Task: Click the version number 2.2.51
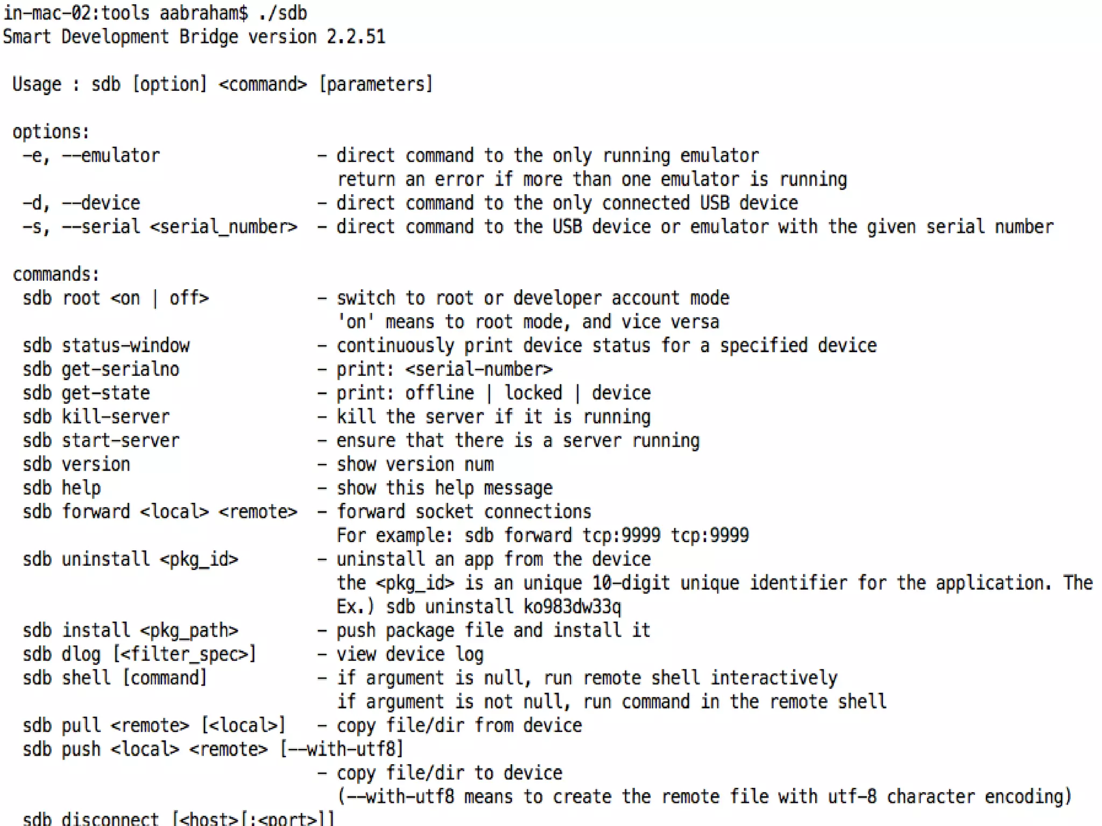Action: point(356,37)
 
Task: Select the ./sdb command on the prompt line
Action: point(282,13)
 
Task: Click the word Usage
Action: point(37,84)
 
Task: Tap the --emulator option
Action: point(111,156)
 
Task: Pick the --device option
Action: point(101,203)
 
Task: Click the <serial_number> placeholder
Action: point(223,227)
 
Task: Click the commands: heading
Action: point(56,274)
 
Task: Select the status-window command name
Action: point(125,346)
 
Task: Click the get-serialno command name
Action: point(121,369)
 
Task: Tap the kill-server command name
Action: point(116,417)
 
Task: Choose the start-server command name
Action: point(121,440)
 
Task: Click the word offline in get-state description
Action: point(440,393)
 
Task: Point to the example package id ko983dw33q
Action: point(573,607)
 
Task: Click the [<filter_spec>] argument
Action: point(185,654)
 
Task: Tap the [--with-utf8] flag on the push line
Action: point(342,749)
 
